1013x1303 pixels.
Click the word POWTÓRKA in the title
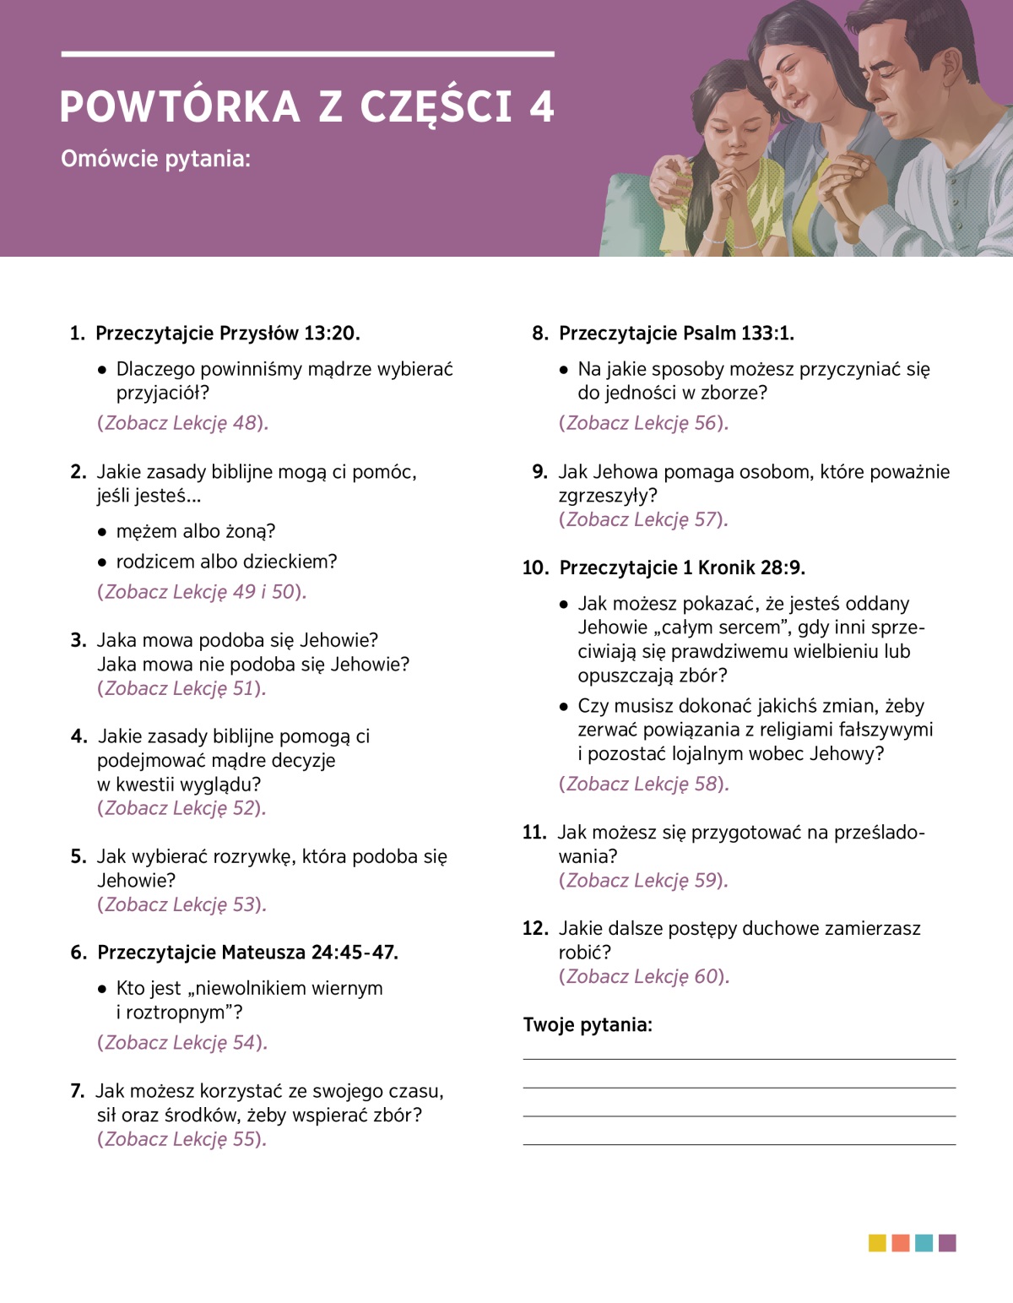[180, 107]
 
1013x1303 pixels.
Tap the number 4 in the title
[541, 107]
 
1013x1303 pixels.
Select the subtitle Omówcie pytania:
[155, 159]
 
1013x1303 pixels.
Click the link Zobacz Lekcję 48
[182, 423]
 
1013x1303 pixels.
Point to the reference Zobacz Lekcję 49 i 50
[202, 592]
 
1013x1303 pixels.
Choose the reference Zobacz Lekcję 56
[643, 423]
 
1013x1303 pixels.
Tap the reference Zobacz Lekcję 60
[644, 977]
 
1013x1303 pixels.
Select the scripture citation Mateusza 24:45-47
[309, 953]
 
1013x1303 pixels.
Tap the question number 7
[77, 1091]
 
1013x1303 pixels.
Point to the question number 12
[535, 929]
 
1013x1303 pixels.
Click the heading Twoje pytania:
[588, 1025]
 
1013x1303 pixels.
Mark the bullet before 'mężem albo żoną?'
[102, 532]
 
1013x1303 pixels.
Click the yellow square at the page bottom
[877, 1243]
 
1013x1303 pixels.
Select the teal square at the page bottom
[924, 1243]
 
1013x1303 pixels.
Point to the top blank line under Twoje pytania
[739, 1059]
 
